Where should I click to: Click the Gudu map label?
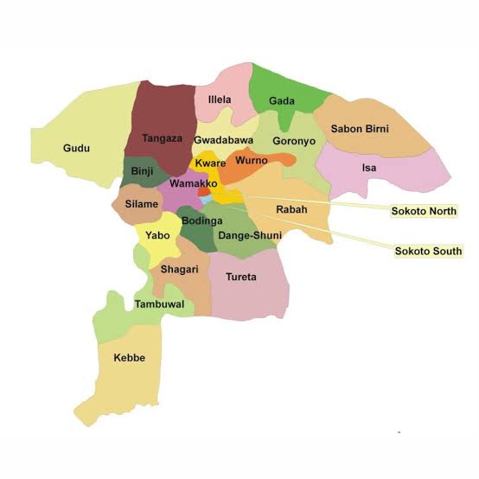click(76, 149)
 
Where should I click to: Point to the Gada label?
click(282, 101)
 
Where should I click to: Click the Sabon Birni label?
click(360, 129)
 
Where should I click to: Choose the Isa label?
click(369, 168)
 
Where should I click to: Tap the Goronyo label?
click(294, 141)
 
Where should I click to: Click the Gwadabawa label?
click(223, 140)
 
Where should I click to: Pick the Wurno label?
click(252, 161)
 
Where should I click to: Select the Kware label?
click(210, 163)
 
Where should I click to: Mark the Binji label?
click(142, 171)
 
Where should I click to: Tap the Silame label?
click(141, 204)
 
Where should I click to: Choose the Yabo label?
click(157, 235)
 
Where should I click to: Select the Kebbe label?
click(129, 357)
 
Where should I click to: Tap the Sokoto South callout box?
click(428, 252)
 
